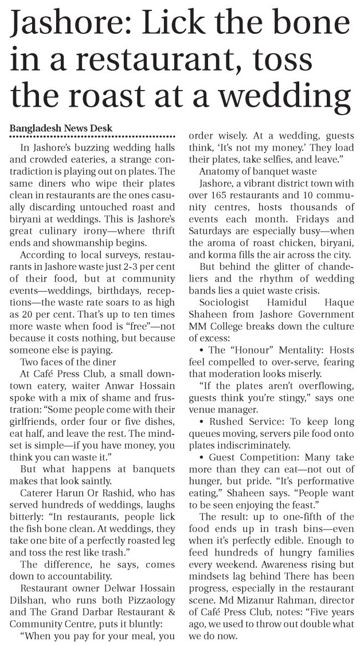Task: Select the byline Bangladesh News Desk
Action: (61, 127)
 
